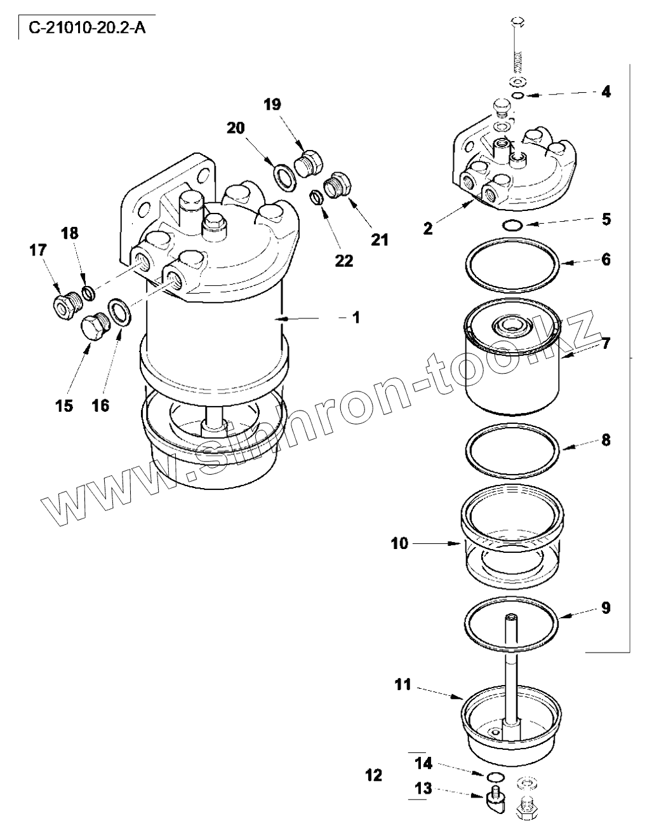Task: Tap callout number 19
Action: [x=273, y=105]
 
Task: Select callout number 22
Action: [x=343, y=260]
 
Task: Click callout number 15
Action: [x=64, y=405]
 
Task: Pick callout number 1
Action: [x=356, y=317]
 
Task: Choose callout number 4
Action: [x=606, y=92]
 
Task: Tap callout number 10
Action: [x=400, y=543]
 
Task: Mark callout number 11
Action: [x=403, y=684]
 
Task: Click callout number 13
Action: [x=423, y=789]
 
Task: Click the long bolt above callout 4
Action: [x=517, y=48]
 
